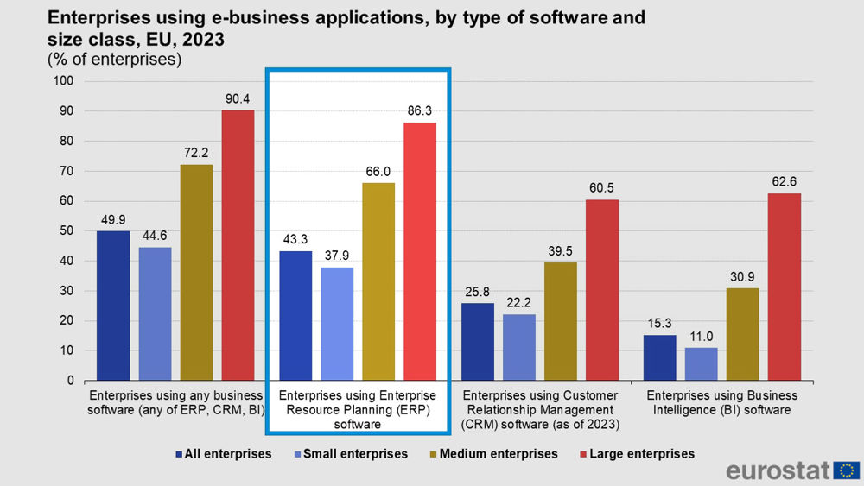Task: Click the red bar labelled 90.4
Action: click(238, 245)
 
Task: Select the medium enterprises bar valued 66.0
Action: click(378, 281)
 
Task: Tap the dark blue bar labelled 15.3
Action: click(660, 357)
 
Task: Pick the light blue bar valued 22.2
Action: click(519, 347)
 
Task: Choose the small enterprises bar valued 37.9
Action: click(337, 324)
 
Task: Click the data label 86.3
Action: click(420, 111)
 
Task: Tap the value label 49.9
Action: click(113, 220)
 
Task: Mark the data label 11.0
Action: click(702, 337)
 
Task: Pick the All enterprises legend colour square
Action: click(179, 453)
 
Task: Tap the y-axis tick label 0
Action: click(72, 381)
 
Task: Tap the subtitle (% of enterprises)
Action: click(113, 60)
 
